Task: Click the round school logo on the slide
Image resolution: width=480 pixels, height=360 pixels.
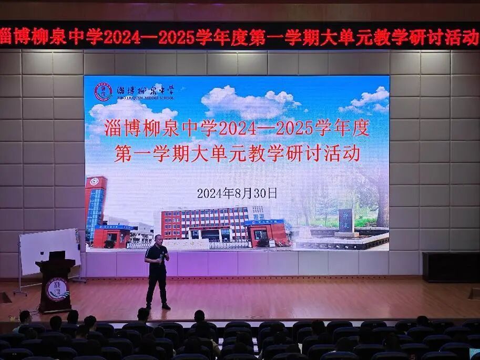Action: click(x=103, y=92)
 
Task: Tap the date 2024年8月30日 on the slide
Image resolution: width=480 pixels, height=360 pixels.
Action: click(x=237, y=193)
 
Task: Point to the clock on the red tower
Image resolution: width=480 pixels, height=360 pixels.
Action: click(x=94, y=182)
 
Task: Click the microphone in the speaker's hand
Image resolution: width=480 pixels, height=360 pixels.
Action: click(x=164, y=256)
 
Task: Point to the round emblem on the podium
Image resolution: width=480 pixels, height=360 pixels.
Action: click(x=55, y=289)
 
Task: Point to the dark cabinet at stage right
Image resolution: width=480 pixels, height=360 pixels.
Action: click(x=451, y=266)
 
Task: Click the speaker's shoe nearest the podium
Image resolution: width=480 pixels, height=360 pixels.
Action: click(x=149, y=306)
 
